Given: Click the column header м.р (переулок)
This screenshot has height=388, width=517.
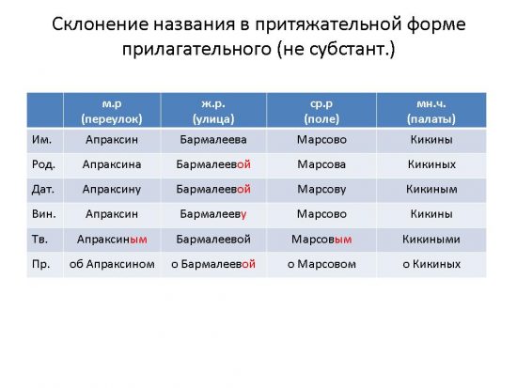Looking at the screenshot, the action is tap(112, 111).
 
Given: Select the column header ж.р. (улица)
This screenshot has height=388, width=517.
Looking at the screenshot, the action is tap(213, 111).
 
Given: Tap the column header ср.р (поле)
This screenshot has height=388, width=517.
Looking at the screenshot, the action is tap(321, 111).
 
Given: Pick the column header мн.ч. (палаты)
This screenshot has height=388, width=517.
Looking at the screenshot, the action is tap(431, 111).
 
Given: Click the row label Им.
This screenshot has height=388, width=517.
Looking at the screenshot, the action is tap(41, 140).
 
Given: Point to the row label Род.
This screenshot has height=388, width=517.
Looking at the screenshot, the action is tap(43, 164).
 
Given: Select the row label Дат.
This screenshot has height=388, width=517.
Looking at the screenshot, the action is tap(43, 189).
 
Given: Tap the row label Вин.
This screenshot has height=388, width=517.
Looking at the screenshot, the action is tap(44, 214).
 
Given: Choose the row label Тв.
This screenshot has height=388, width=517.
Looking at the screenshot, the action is tap(39, 239).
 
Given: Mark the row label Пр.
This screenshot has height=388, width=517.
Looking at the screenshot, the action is tap(40, 264).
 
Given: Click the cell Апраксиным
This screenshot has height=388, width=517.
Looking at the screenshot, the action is tap(112, 240).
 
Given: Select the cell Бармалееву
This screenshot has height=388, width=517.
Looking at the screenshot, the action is tap(213, 214).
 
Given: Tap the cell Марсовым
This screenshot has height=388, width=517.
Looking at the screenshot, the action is tap(321, 240).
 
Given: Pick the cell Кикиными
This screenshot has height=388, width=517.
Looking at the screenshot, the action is tap(431, 240).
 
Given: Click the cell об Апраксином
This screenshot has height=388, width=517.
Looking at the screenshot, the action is tap(112, 264).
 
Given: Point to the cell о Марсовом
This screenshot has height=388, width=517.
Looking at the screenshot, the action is tap(321, 264).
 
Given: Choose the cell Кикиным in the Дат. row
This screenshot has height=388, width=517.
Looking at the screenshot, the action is tap(431, 189).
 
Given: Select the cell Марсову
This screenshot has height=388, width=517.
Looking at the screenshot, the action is tap(321, 190).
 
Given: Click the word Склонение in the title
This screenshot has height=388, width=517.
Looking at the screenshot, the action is tap(100, 24).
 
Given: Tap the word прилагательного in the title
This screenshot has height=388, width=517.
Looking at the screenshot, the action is tap(196, 50).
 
